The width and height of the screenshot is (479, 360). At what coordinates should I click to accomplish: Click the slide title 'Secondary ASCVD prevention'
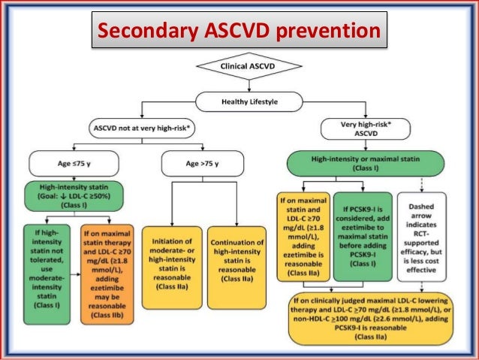coord(239,32)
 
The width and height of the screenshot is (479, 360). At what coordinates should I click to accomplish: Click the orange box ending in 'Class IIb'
coord(107,264)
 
